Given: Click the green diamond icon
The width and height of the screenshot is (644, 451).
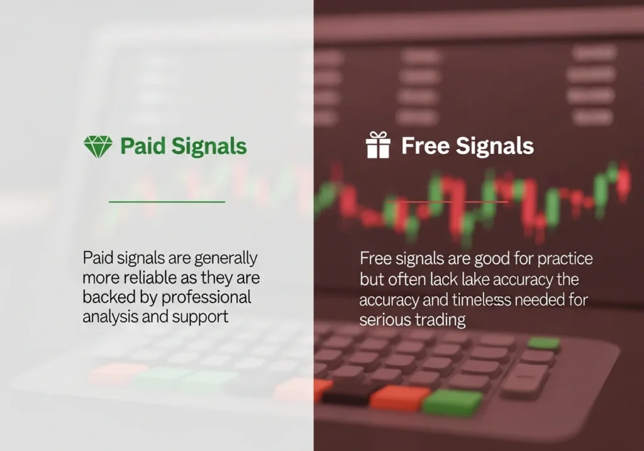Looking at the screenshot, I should pyautogui.click(x=98, y=146).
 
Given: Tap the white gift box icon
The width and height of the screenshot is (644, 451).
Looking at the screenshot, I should pyautogui.click(x=378, y=145).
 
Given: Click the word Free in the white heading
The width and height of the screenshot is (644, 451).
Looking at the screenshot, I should pyautogui.click(x=424, y=146).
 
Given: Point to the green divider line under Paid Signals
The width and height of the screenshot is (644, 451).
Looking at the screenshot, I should pyautogui.click(x=167, y=202).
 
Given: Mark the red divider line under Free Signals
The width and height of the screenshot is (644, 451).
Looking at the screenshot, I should pyautogui.click(x=453, y=202).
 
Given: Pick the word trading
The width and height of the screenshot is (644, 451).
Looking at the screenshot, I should pyautogui.click(x=440, y=320).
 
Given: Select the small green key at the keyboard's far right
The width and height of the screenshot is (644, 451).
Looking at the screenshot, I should pyautogui.click(x=543, y=343).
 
